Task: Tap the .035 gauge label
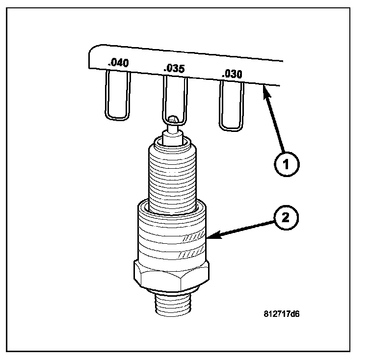[174, 69]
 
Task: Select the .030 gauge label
[232, 75]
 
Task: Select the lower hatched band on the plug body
[191, 254]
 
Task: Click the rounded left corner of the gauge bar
[92, 51]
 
